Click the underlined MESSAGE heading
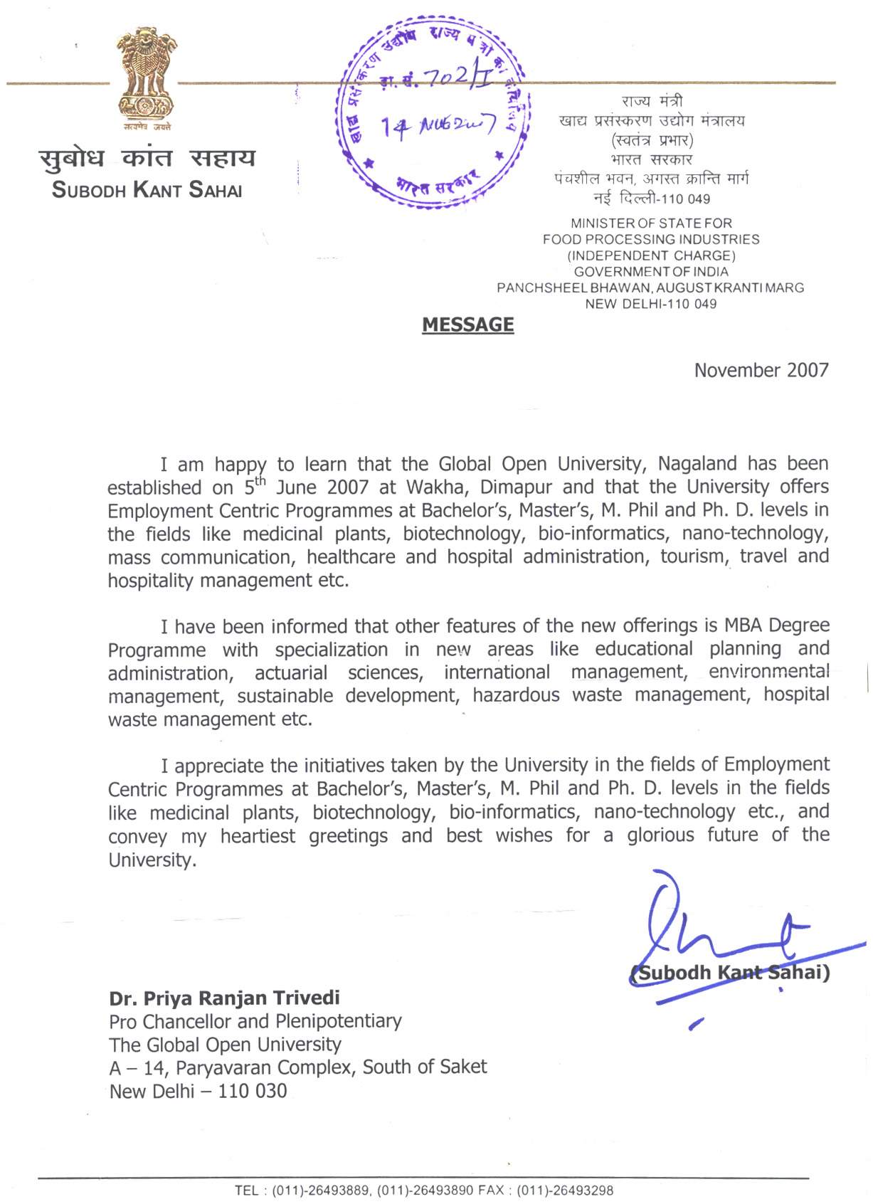pos(467,325)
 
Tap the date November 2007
pos(761,371)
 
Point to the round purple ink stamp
pos(433,112)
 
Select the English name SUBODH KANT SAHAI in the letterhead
pos(147,191)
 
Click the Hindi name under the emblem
pos(147,158)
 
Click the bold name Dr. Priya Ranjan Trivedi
pos(224,998)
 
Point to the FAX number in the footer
pos(565,1190)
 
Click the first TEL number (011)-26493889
pos(320,1190)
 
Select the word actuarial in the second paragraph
pos(291,673)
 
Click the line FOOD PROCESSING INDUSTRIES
pos(650,240)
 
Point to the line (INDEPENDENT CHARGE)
pos(650,256)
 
